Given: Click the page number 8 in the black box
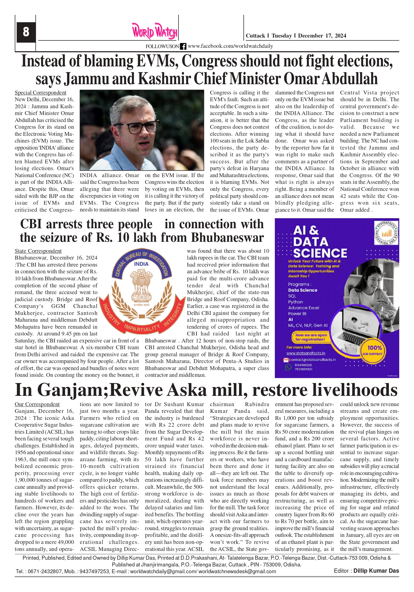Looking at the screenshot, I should point(26,32).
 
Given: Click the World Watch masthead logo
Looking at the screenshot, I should point(155,32).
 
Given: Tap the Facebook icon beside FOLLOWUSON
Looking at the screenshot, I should point(183,46).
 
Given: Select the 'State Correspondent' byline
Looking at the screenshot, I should point(38,251).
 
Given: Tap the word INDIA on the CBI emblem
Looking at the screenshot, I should point(141,264).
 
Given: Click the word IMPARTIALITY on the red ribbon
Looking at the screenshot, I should point(142,328).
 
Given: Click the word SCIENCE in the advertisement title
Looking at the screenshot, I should point(320,254).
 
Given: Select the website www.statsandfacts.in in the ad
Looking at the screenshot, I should point(306,353).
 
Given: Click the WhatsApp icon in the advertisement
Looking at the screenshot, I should point(288,367).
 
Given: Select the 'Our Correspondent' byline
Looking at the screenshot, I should point(37,404).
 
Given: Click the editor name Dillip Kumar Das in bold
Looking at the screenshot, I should point(376,571).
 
